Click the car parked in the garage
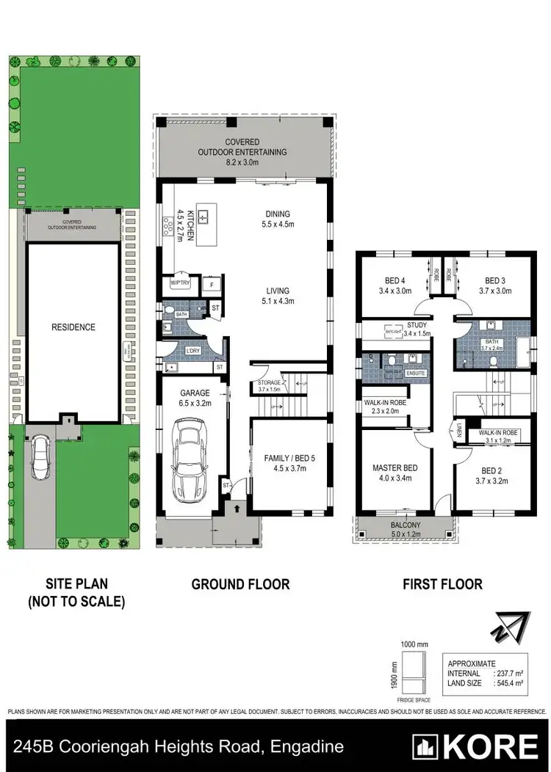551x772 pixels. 188,461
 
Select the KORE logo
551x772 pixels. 475,746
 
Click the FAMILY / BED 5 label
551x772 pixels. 288,463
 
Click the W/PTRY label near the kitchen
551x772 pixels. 179,283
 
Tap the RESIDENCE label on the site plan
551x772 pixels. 73,327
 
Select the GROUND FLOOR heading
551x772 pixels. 240,584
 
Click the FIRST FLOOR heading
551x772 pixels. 442,584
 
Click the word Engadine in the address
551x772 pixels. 309,747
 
